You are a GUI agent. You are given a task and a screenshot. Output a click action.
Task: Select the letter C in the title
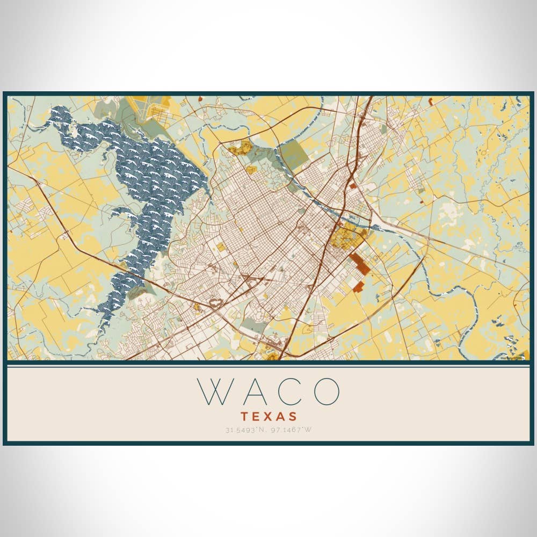(290, 391)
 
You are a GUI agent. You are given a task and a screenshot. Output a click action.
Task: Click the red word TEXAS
(268, 416)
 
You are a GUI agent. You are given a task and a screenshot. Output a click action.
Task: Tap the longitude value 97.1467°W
(290, 430)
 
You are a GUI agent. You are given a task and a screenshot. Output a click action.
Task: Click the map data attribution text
(513, 358)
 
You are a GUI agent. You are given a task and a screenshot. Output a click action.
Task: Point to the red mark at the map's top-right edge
(430, 100)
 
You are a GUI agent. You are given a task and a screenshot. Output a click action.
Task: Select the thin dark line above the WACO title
(268, 365)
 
